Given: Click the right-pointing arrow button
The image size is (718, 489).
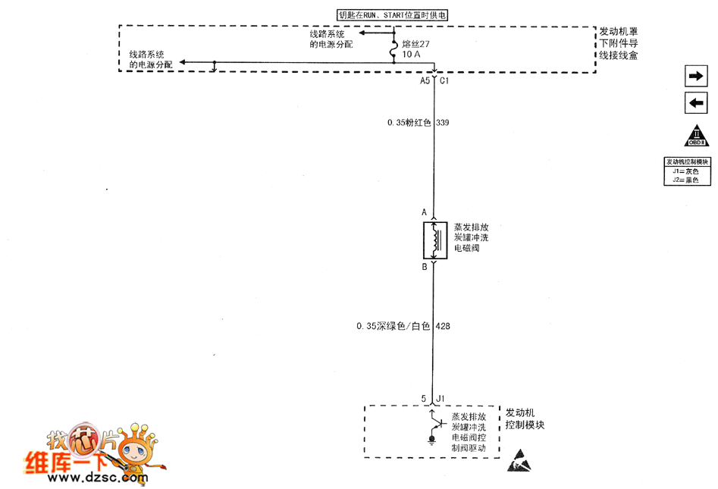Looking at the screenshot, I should [694, 76].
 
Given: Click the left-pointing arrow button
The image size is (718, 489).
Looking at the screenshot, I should [694, 103].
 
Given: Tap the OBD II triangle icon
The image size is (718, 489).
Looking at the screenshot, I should [696, 135].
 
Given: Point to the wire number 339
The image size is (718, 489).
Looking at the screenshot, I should [444, 122].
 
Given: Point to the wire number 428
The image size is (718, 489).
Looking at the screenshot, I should [444, 327].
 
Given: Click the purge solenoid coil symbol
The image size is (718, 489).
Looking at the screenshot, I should [434, 240].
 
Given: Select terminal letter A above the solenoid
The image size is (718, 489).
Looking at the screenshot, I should [425, 213].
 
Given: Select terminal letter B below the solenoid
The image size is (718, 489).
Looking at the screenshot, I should [425, 268].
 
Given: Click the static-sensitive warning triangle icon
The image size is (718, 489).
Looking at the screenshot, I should [520, 458].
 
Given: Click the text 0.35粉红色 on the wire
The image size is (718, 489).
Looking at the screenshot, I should [409, 122].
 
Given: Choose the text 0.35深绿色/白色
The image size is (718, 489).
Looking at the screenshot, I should [393, 327].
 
